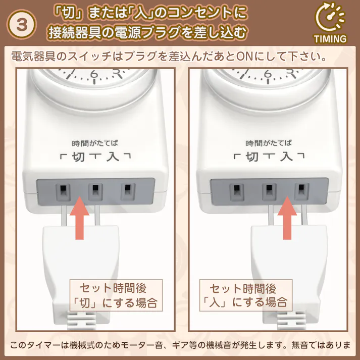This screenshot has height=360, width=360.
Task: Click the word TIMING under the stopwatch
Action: tap(330, 39)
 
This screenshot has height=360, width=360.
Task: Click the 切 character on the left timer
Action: tap(78, 157)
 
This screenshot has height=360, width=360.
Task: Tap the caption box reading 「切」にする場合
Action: tap(116, 295)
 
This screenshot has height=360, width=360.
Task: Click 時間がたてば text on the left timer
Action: tap(95, 143)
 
